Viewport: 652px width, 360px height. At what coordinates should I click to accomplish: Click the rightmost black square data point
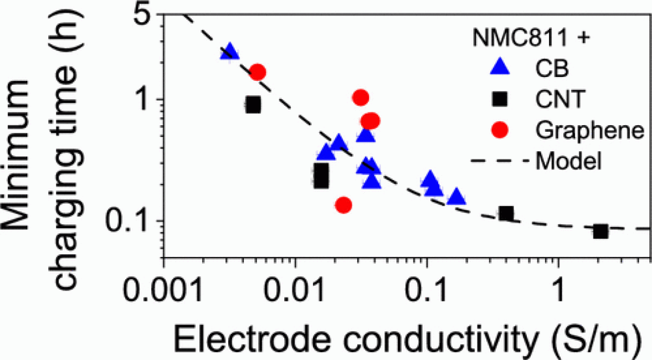click(600, 232)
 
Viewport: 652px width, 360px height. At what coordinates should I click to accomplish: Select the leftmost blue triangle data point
click(229, 53)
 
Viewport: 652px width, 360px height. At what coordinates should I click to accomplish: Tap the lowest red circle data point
click(343, 205)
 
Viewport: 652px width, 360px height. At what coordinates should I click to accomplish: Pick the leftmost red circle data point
click(258, 71)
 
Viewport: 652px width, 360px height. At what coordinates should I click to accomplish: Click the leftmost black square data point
click(253, 105)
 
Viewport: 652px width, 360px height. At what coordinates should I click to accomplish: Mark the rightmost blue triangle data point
click(456, 197)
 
